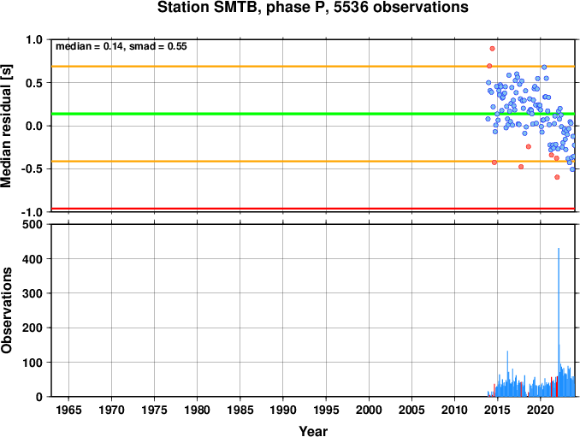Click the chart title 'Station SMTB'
click(207, 7)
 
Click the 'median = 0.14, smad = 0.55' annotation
click(121, 46)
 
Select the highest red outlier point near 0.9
click(492, 49)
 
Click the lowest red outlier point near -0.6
click(557, 177)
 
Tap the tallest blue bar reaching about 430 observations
click(559, 322)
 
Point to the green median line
click(313, 114)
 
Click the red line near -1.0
click(313, 209)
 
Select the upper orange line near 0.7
click(313, 66)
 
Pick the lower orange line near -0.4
click(313, 161)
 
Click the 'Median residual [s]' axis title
click(6, 126)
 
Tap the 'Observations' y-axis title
click(6, 310)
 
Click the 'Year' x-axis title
click(313, 431)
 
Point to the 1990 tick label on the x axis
click(283, 410)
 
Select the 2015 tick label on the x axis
click(498, 410)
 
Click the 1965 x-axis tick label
click(68, 410)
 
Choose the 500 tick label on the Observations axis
click(33, 224)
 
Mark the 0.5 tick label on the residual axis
click(34, 83)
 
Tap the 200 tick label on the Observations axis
click(33, 328)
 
